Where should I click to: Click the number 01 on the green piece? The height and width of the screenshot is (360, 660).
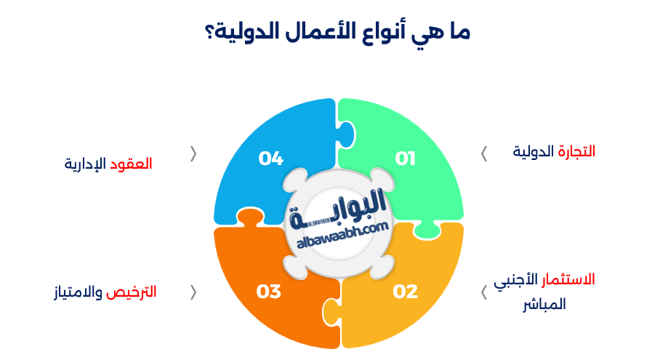pos(406,159)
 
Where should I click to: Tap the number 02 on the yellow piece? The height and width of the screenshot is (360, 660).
pos(406,292)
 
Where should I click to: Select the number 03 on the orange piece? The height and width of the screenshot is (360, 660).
pos(269,292)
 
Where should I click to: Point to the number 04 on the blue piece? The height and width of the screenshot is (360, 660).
pos(270,159)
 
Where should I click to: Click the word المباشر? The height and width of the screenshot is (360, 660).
pos(544,305)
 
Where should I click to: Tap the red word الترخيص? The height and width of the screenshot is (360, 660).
pos(132,292)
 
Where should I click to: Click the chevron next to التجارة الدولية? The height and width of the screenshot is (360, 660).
pos(484,153)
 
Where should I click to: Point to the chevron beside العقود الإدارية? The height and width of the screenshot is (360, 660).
pos(193,153)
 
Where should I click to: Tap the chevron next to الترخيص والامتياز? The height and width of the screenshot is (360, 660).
pos(193,292)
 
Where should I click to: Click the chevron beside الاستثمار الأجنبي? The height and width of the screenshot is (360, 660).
pos(484,292)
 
